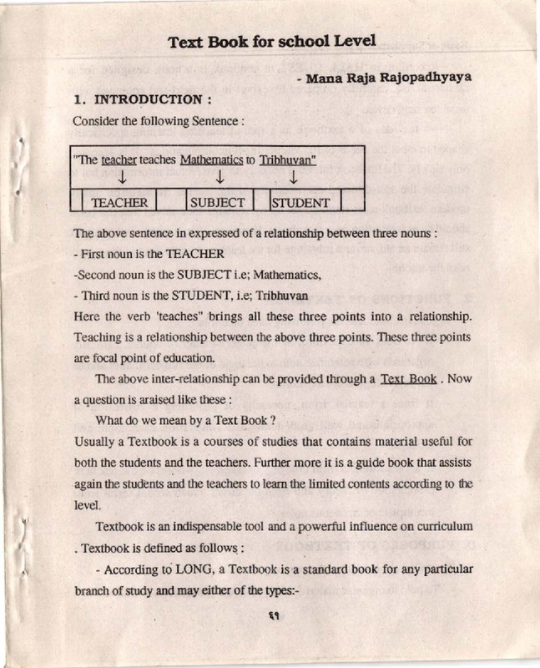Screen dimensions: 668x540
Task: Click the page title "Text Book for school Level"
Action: coord(271,41)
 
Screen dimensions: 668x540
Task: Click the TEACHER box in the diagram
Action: coord(119,202)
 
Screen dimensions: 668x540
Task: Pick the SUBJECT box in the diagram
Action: coord(217,202)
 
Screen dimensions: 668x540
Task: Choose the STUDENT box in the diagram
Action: coord(300,202)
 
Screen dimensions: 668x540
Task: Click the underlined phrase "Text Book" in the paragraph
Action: coord(408,379)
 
